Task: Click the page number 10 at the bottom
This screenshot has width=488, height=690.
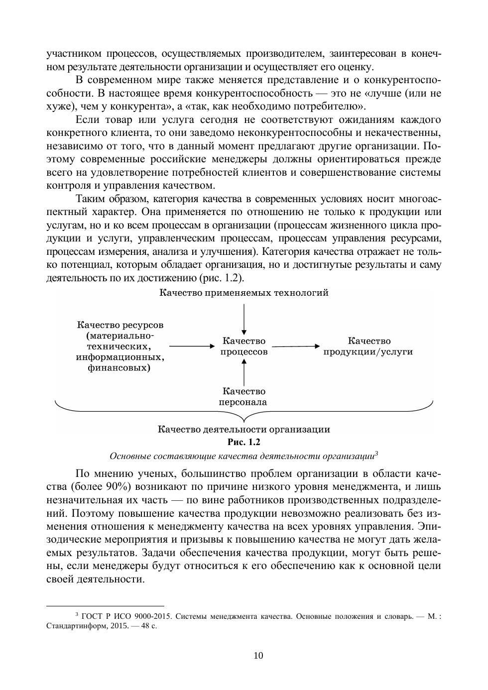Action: pos(258,655)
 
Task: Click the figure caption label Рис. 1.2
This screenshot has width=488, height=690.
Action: pos(244,442)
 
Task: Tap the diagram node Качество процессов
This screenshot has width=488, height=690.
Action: pos(244,346)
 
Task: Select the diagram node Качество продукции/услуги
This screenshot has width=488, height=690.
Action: pos(368,346)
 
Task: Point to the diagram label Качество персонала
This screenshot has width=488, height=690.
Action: pos(244,397)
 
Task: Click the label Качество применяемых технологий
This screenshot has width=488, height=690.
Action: pos(244,293)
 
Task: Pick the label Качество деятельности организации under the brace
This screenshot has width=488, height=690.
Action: pos(244,429)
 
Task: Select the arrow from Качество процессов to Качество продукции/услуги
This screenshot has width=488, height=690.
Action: pos(295,346)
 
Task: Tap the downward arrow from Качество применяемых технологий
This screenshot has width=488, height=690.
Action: pos(244,319)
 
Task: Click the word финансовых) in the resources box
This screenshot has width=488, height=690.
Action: pos(120,368)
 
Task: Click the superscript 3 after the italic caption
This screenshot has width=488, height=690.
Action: pos(376,454)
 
